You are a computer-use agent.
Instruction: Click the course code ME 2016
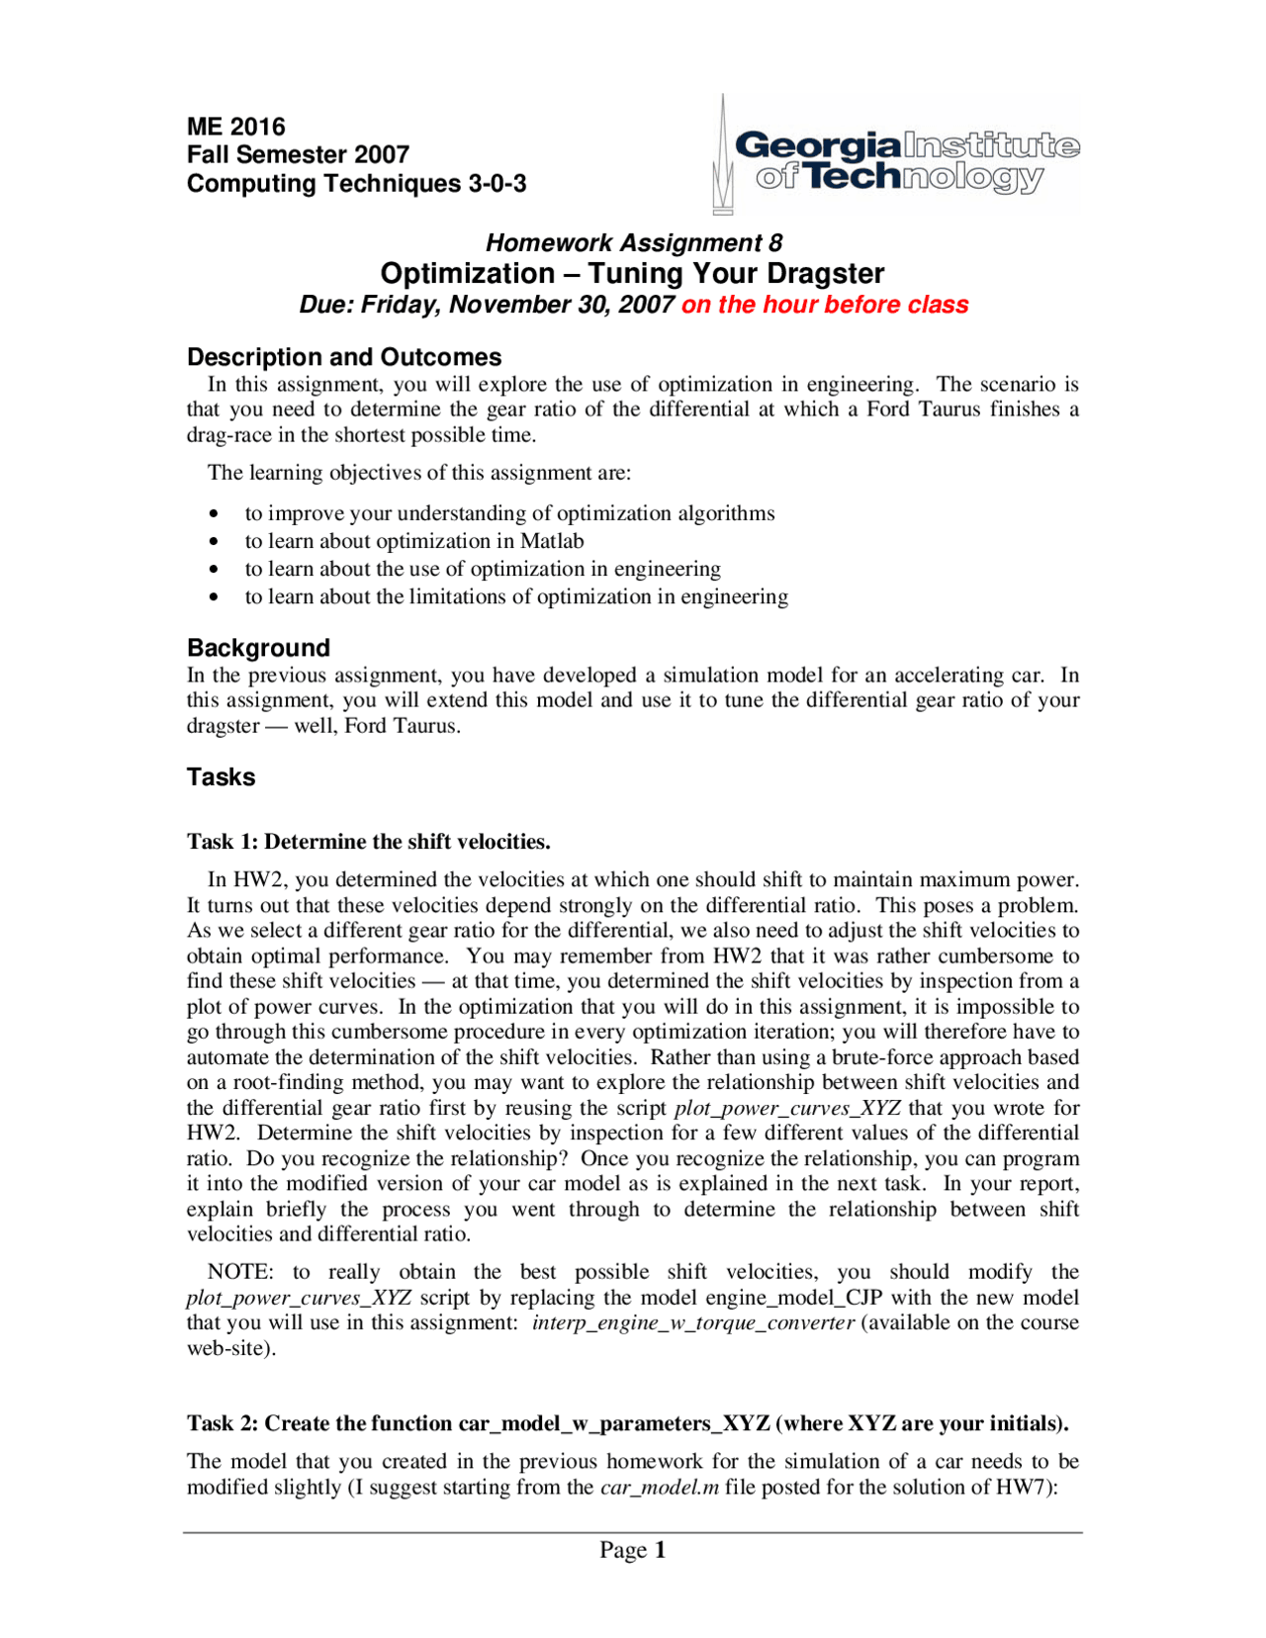tap(235, 127)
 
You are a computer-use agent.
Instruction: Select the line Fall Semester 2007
tap(298, 154)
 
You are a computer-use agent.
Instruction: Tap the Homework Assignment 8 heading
tap(633, 242)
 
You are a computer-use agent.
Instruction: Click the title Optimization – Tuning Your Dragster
tap(632, 273)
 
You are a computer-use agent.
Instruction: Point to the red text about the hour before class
tap(825, 305)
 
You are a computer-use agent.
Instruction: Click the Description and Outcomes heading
tap(343, 357)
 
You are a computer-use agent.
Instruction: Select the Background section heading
tap(258, 648)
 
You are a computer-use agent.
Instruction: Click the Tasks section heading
tap(221, 776)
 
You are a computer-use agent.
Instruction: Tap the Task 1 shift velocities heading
tap(368, 842)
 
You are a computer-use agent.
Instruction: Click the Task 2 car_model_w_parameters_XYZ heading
tap(627, 1423)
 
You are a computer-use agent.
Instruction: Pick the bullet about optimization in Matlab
tap(413, 541)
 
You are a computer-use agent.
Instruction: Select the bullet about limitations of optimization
tap(515, 596)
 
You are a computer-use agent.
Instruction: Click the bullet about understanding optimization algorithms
tap(509, 513)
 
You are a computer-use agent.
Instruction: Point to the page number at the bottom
tap(632, 1550)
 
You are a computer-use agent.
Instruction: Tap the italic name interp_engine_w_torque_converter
tap(692, 1322)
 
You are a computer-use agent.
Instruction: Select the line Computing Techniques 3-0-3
tap(356, 183)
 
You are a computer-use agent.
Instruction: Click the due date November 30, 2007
tap(563, 305)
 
